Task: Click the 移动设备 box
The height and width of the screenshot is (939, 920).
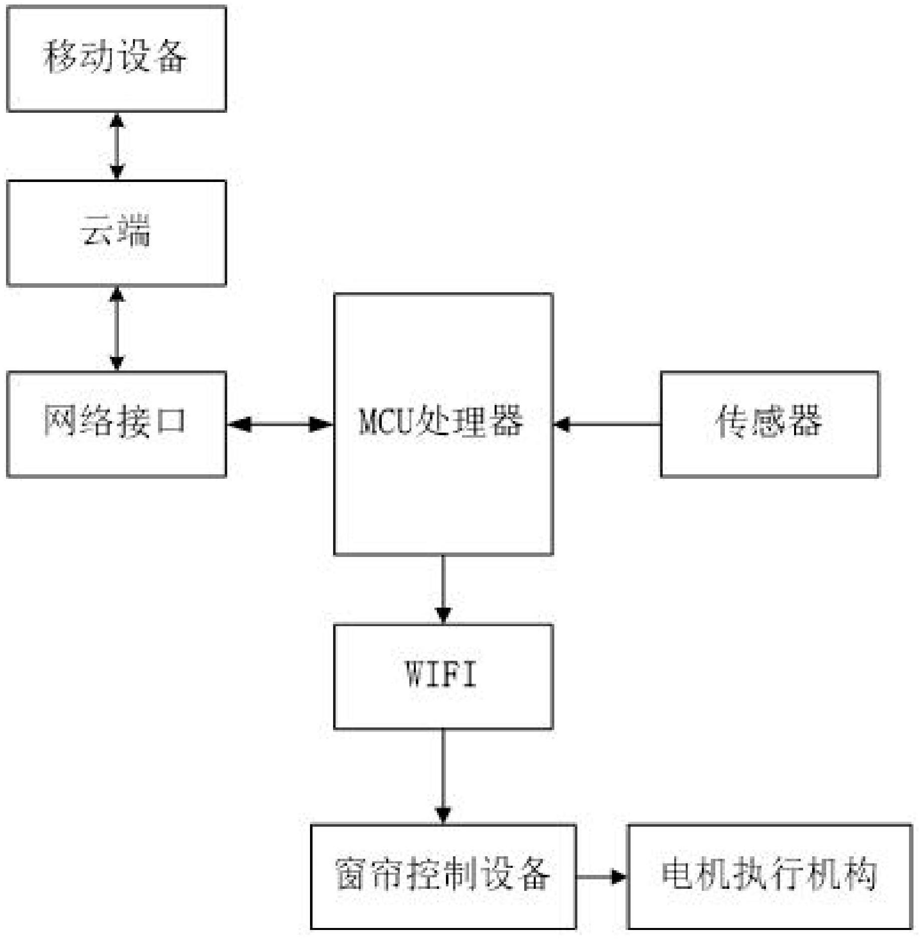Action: pyautogui.click(x=116, y=58)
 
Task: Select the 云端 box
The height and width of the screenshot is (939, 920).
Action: pyautogui.click(x=116, y=233)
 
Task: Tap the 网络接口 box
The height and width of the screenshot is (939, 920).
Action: pyautogui.click(x=116, y=424)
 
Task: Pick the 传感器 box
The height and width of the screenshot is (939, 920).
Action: pyautogui.click(x=770, y=424)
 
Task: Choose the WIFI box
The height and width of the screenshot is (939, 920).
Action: pyautogui.click(x=443, y=676)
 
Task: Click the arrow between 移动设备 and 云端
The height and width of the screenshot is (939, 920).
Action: pyautogui.click(x=117, y=146)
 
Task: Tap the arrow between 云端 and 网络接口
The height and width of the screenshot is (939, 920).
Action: pyautogui.click(x=117, y=329)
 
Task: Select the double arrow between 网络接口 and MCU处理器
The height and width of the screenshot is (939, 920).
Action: pyautogui.click(x=280, y=425)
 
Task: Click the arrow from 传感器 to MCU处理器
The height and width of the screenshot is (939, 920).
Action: pyautogui.click(x=607, y=425)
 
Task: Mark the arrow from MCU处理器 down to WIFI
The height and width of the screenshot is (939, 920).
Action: pyautogui.click(x=443, y=589)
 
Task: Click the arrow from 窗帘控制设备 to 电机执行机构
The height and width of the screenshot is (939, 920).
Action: pyautogui.click(x=601, y=877)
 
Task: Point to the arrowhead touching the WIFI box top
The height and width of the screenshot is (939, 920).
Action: pyautogui.click(x=443, y=616)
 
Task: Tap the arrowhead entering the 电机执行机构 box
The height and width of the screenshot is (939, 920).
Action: pyautogui.click(x=619, y=877)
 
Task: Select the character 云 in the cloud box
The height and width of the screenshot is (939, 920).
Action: pyautogui.click(x=97, y=231)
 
